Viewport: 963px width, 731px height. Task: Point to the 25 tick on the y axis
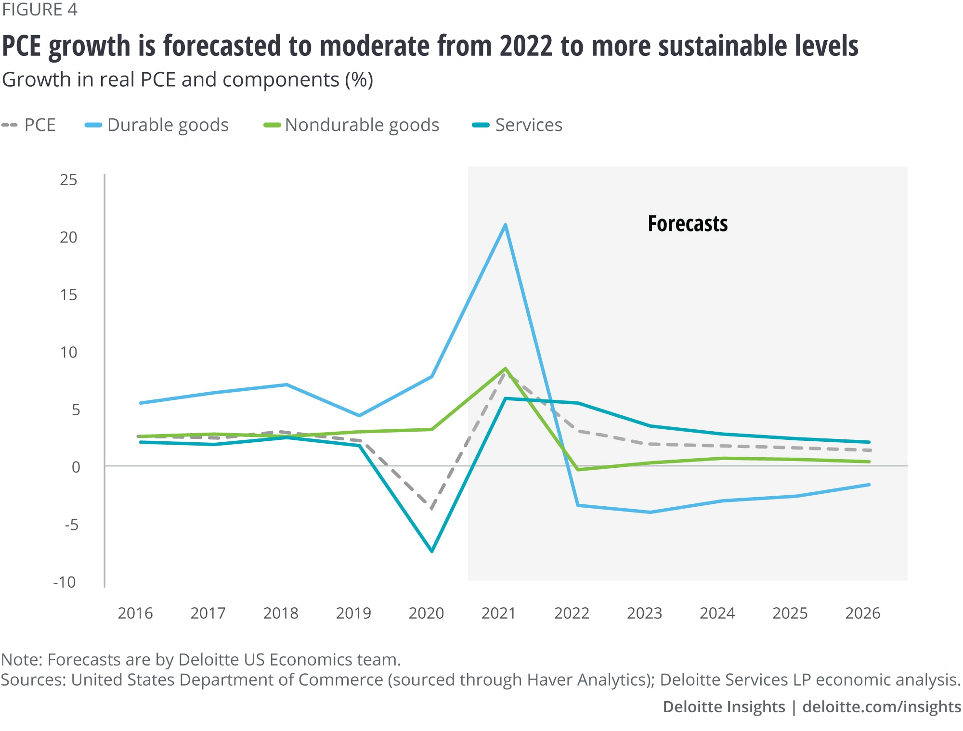coord(68,180)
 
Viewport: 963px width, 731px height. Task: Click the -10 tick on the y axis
coord(65,582)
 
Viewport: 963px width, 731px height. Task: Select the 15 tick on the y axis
coord(68,295)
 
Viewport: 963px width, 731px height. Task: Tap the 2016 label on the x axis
coord(135,614)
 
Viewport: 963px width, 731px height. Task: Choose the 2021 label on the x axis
coord(499,614)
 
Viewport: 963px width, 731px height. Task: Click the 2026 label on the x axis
coord(863,614)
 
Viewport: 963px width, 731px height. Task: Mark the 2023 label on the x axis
coord(644,614)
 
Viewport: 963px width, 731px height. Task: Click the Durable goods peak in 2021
coord(505,225)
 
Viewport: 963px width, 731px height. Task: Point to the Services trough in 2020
coord(432,551)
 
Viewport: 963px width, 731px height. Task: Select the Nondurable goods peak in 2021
coord(505,369)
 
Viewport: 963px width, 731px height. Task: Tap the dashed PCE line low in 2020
coord(432,508)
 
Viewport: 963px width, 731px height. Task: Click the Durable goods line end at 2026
coord(869,485)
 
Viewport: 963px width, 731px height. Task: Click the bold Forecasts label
coord(688,224)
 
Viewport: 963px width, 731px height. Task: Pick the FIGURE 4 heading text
coord(39,10)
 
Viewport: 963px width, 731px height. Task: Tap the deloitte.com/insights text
coord(882,706)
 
